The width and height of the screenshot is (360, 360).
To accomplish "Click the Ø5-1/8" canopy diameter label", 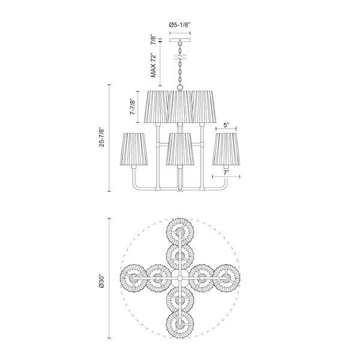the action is [x=180, y=25].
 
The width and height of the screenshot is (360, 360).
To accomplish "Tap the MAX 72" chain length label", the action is [x=153, y=65].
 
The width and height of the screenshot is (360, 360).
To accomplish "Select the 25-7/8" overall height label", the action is [x=101, y=137].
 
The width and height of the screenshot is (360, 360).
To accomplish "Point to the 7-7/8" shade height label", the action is [x=133, y=107].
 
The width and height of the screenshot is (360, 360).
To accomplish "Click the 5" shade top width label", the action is [x=226, y=125].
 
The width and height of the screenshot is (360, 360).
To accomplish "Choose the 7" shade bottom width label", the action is [x=226, y=173].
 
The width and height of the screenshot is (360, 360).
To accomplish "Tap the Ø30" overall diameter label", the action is [x=101, y=281].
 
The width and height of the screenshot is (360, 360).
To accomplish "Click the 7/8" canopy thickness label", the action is [x=153, y=40].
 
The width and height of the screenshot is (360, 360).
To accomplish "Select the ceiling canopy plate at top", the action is [x=180, y=40].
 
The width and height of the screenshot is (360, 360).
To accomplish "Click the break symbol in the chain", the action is [x=180, y=57].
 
